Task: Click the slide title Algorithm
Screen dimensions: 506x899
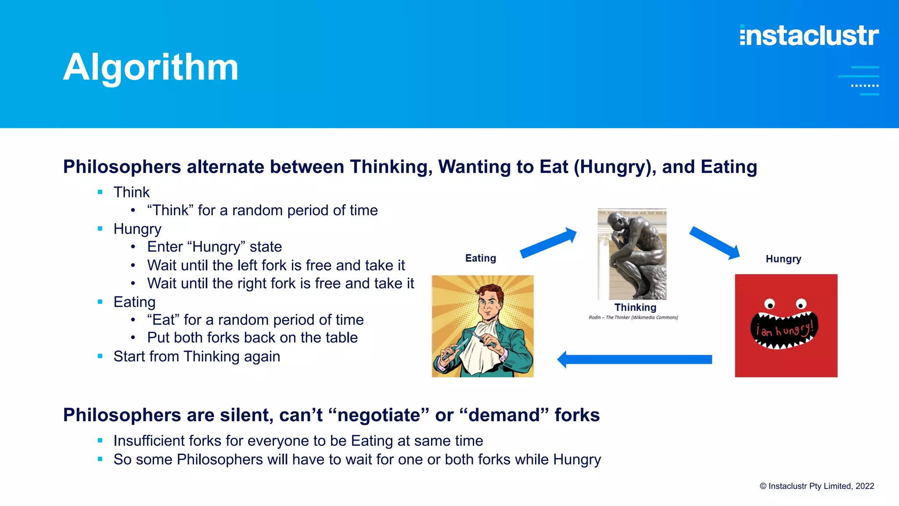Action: click(151, 67)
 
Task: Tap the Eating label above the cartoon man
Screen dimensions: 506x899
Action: click(480, 258)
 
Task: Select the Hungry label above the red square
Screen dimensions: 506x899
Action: click(783, 259)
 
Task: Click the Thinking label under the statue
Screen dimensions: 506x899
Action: click(635, 307)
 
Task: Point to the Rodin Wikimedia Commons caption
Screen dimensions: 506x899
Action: click(633, 318)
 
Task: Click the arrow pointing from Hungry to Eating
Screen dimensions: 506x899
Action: click(634, 359)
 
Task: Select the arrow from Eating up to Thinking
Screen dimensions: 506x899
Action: click(548, 243)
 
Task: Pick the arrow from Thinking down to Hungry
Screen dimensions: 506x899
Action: click(714, 242)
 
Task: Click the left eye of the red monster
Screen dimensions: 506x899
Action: click(769, 304)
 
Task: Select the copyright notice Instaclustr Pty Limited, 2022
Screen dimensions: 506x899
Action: click(816, 486)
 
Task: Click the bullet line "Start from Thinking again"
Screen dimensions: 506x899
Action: click(196, 356)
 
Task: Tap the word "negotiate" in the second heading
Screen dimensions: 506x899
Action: click(378, 415)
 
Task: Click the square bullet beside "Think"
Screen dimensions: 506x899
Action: click(100, 192)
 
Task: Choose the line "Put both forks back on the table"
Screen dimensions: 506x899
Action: click(252, 338)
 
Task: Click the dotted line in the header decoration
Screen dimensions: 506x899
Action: click(864, 86)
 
